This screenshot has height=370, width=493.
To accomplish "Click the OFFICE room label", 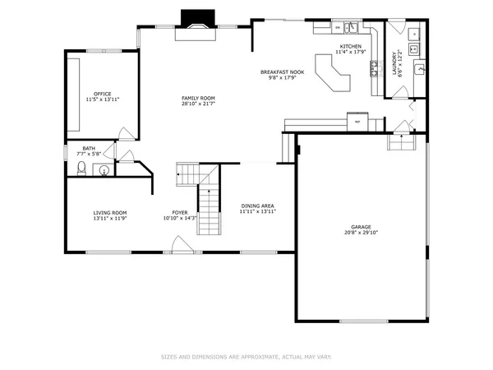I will tap(103, 94).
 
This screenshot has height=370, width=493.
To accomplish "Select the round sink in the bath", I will tap(103, 170).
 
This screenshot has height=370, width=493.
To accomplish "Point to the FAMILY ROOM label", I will tap(197, 98).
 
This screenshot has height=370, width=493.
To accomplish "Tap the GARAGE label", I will tap(362, 226).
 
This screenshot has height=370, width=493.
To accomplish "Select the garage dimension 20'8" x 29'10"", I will tap(362, 233).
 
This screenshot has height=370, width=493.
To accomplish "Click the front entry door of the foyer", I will tap(178, 245).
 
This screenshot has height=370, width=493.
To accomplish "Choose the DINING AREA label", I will tap(257, 206).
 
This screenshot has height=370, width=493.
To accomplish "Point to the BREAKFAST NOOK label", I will tap(283, 72).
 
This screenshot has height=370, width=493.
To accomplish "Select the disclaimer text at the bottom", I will tap(246, 357).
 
